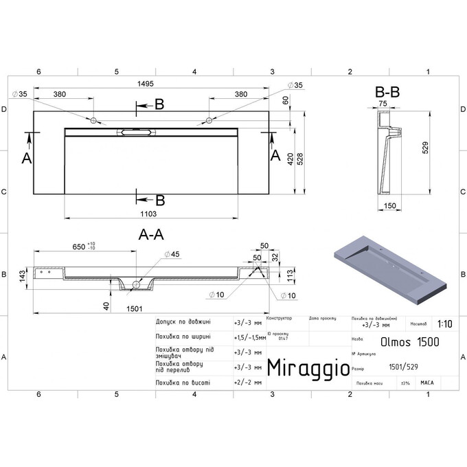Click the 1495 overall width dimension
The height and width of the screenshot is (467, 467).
145,84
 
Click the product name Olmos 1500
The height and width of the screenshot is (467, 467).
411,341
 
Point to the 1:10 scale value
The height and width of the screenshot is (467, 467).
444,323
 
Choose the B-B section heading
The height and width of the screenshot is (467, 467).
387,91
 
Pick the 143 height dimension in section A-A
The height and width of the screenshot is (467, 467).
22,275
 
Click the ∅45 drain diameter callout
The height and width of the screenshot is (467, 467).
171,255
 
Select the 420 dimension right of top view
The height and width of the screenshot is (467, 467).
291,159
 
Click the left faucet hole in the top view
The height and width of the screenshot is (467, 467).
93,120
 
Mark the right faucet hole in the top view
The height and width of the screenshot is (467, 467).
208,121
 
